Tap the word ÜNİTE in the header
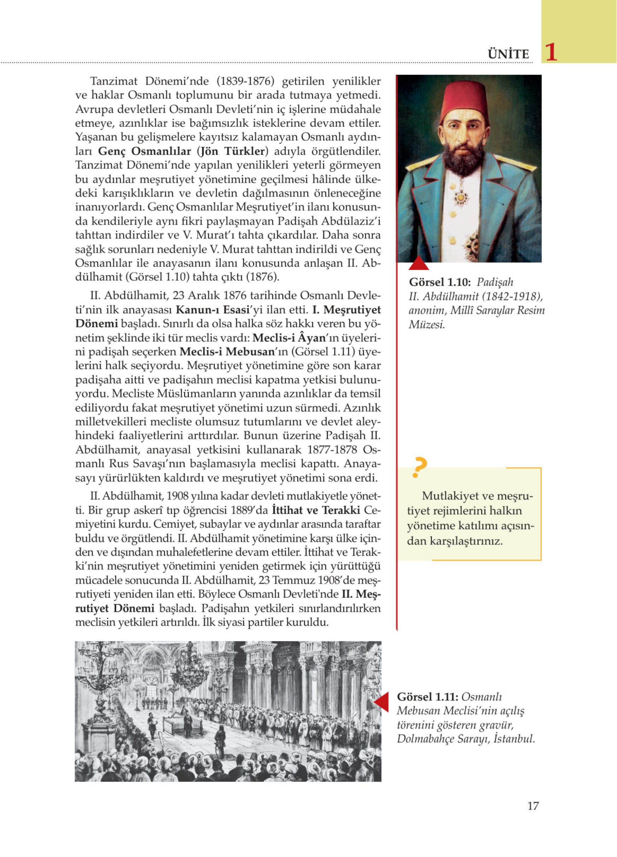[x=508, y=54]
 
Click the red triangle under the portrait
[x=419, y=264]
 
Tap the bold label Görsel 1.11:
[x=427, y=696]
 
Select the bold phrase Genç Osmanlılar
[x=144, y=151]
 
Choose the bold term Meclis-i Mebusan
[x=227, y=352]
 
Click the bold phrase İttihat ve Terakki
[x=316, y=511]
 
